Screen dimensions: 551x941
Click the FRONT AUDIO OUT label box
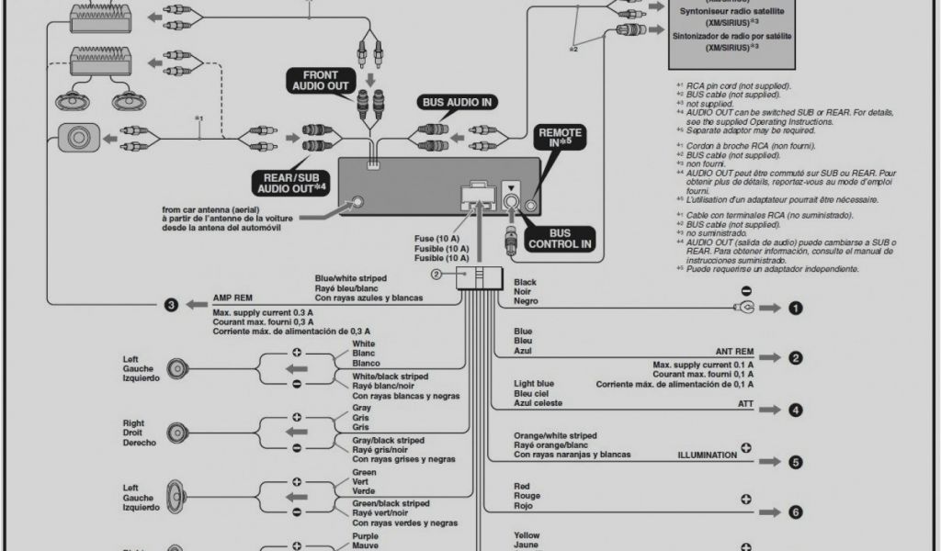[315, 81]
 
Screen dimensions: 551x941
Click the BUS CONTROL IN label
[560, 240]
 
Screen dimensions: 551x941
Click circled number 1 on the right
[795, 309]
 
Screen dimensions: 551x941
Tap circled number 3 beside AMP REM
[170, 305]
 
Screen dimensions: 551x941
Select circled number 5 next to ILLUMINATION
[795, 462]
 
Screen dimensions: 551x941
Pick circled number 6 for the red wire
[795, 512]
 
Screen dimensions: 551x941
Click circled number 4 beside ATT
[795, 410]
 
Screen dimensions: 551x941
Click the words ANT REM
[734, 352]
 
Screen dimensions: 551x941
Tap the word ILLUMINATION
[707, 455]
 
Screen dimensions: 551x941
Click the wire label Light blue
[534, 383]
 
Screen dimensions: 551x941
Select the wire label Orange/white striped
[555, 435]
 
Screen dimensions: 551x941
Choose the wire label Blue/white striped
[350, 278]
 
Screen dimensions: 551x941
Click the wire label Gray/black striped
[388, 441]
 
